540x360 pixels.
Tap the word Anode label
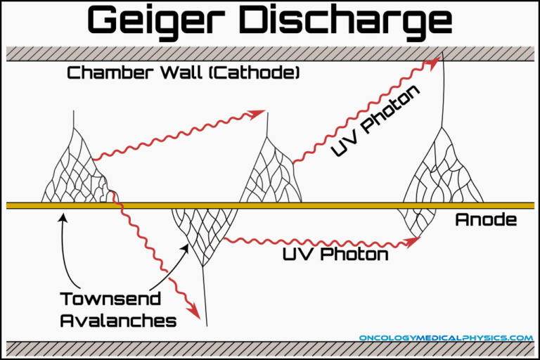(x=486, y=219)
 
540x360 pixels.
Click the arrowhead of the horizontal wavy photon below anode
(x=415, y=241)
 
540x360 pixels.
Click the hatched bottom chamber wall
(x=270, y=349)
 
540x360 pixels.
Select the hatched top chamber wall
(x=270, y=53)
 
